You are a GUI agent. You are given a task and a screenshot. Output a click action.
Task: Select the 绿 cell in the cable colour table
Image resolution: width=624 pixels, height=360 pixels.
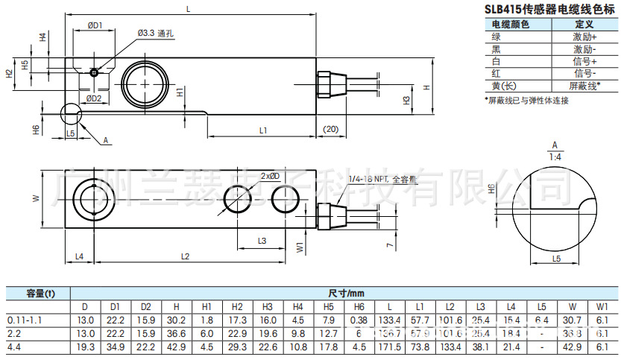click(497, 37)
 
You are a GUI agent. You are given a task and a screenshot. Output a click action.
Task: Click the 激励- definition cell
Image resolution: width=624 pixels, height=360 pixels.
click(584, 48)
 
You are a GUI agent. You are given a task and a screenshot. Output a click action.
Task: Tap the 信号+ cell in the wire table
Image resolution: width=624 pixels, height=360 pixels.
click(584, 61)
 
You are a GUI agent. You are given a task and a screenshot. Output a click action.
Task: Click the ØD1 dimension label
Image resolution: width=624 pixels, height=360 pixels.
click(95, 26)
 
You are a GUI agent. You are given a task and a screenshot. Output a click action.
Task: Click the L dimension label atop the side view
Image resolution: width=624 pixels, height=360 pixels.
click(188, 8)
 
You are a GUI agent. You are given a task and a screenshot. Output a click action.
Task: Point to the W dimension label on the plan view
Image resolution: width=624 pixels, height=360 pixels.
click(35, 198)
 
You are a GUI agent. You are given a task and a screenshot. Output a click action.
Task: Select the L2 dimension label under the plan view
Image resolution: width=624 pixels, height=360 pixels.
click(185, 256)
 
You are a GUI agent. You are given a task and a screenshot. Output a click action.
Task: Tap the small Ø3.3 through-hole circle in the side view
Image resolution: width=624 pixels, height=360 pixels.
click(92, 73)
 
